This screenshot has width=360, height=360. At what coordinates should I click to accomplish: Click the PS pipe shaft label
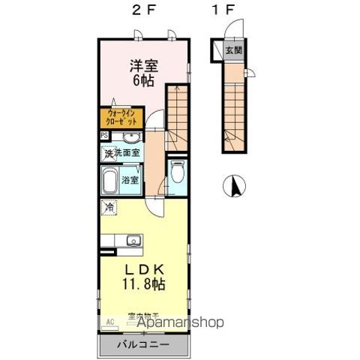[103, 136]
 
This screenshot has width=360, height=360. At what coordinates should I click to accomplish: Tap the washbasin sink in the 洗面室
[130, 137]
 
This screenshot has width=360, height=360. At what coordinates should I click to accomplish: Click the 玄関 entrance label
[233, 51]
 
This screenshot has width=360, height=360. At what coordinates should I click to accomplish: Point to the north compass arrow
[234, 184]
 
